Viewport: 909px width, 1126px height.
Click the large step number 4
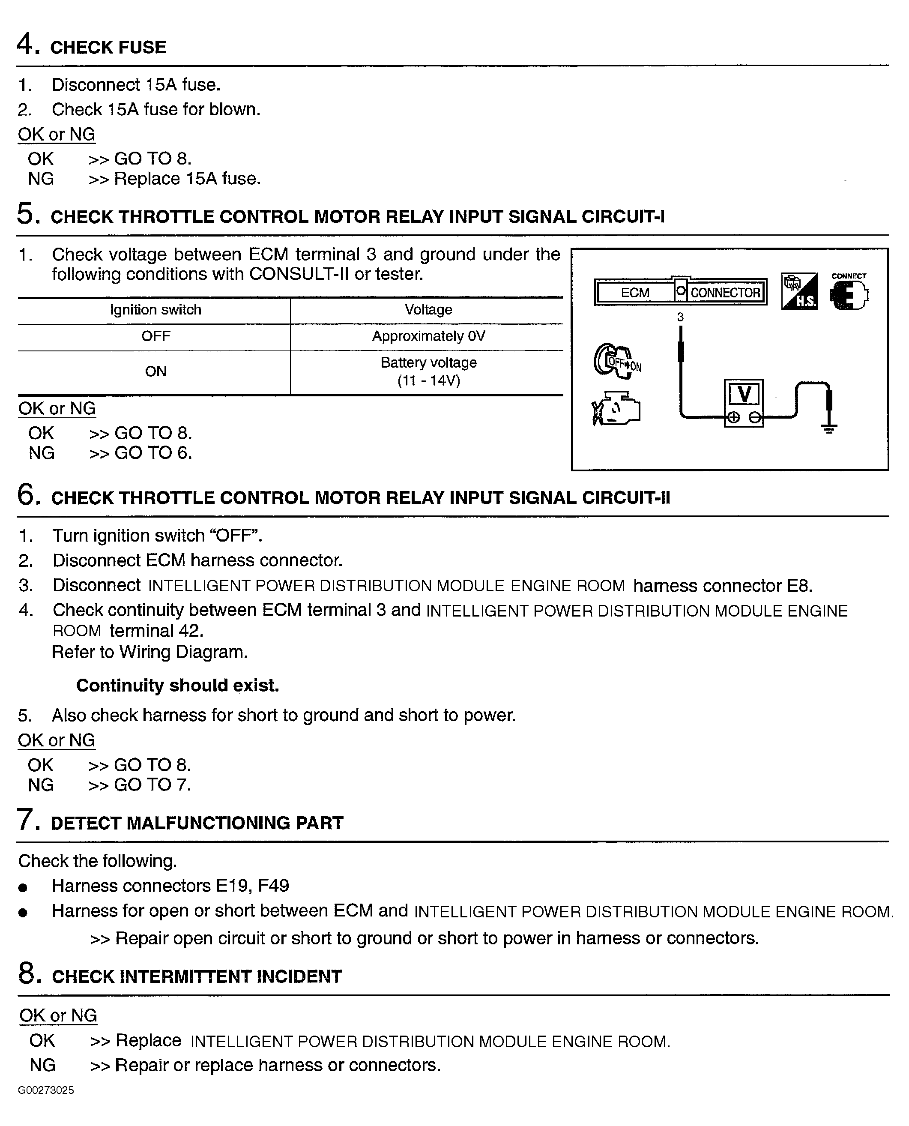click(x=26, y=44)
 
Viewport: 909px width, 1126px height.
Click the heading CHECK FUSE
click(x=108, y=48)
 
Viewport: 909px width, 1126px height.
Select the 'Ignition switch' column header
click(x=155, y=310)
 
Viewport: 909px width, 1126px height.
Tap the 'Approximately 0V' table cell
click(x=428, y=336)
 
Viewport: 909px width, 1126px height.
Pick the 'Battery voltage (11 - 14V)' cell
click(x=428, y=371)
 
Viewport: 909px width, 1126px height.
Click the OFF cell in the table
click(x=155, y=336)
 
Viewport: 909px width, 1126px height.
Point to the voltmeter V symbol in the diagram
click(x=744, y=394)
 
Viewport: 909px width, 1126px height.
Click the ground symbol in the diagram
click(x=828, y=428)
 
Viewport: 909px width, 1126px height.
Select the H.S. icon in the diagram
click(x=799, y=291)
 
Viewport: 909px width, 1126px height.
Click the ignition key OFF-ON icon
click(x=617, y=361)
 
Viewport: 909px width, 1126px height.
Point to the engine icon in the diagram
click(x=616, y=408)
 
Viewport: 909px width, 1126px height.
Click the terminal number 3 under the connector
click(x=680, y=317)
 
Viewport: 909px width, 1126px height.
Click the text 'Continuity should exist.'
click(x=177, y=686)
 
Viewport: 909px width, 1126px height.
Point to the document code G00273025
click(x=46, y=1090)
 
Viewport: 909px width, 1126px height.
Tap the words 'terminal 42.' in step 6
click(x=156, y=631)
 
